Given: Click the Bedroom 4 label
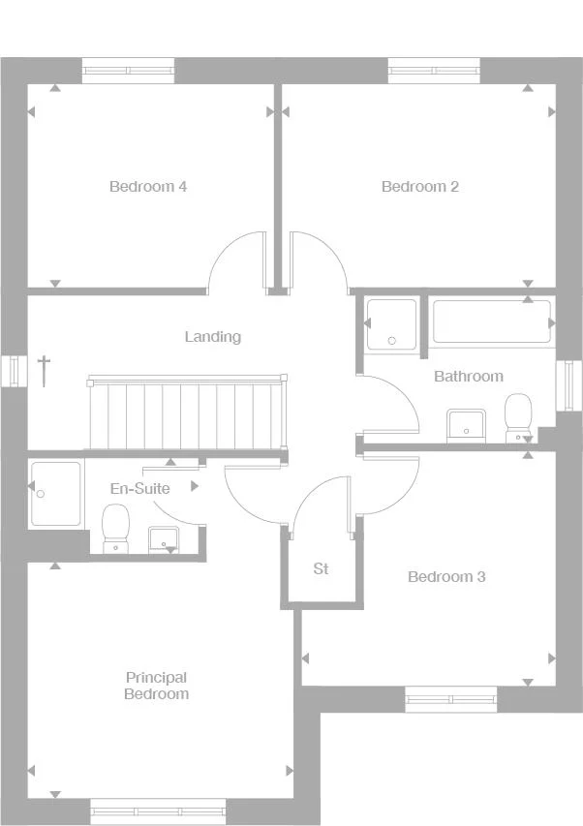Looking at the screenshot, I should (148, 187).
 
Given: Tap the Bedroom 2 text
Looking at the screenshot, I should (419, 187).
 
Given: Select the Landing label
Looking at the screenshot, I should (213, 337).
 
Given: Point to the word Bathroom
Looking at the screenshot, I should (468, 376).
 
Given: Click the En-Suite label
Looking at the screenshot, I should (139, 489).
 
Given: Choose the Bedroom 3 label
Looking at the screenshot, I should (446, 577).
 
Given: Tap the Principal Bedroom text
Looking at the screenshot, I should (156, 686).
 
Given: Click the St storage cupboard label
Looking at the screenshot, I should (321, 569).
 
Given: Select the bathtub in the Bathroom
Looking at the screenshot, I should (491, 321).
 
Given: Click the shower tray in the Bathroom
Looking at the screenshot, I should (392, 323).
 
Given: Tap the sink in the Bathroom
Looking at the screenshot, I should (466, 424).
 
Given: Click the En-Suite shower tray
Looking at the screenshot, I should (55, 493).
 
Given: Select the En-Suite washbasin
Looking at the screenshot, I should (161, 539).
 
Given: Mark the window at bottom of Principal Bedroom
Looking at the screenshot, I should (158, 811).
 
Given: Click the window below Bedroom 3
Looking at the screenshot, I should (450, 699).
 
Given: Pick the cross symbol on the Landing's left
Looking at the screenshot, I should (44, 370).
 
